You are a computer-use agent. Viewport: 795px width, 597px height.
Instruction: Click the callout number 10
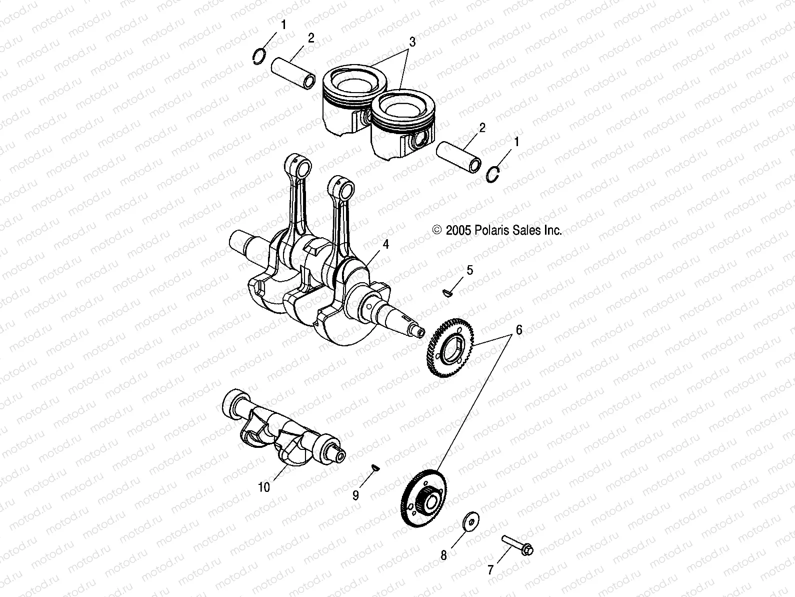click(x=263, y=487)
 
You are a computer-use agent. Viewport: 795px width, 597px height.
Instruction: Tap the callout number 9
click(x=355, y=495)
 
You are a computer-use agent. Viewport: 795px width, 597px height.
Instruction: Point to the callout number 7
click(x=490, y=569)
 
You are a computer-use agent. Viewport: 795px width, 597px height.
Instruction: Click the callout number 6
click(x=519, y=330)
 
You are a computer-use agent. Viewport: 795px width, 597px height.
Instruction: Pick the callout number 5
click(x=469, y=271)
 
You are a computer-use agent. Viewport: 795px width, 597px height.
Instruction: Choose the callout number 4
click(x=385, y=244)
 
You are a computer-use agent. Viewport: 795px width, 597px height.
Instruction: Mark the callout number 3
click(x=412, y=43)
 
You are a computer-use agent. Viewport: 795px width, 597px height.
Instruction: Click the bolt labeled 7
click(x=517, y=545)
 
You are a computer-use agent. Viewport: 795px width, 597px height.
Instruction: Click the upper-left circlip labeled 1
click(x=258, y=57)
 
